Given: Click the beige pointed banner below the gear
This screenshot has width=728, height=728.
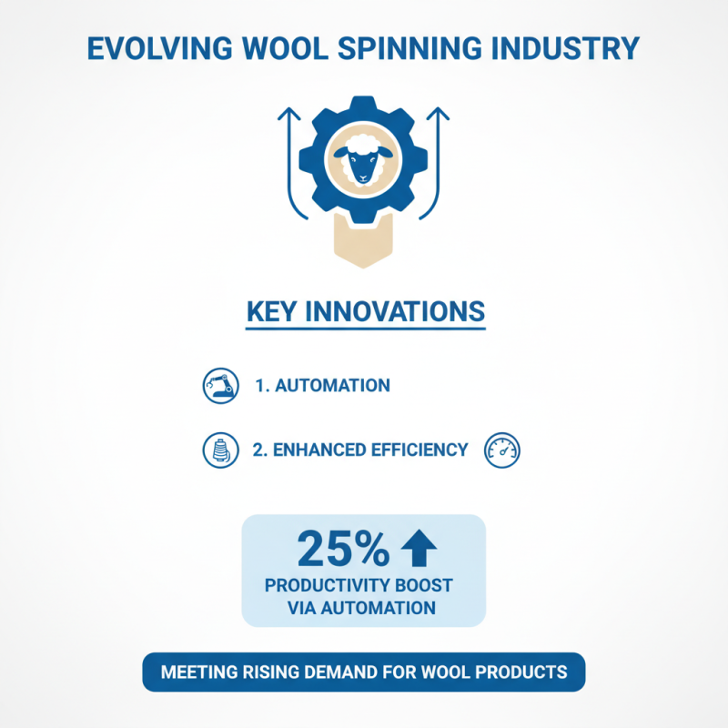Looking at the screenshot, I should (364, 244).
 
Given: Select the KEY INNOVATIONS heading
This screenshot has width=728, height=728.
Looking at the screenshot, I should (365, 311).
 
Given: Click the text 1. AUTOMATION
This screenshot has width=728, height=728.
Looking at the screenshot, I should (322, 386).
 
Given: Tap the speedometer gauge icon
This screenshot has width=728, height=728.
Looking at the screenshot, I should (503, 450).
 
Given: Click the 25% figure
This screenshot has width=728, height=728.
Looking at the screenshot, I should (343, 549).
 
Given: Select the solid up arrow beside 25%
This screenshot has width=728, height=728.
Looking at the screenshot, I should (418, 548).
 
